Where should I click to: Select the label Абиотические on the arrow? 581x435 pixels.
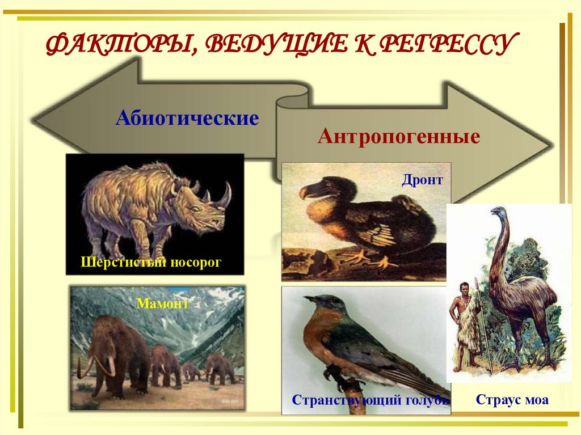coord(187,119)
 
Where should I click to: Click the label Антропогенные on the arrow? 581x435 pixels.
coord(399,137)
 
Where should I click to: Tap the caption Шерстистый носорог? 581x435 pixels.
coord(150,262)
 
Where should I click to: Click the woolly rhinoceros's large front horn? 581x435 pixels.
coord(226,196)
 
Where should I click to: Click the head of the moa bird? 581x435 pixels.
coord(499,212)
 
